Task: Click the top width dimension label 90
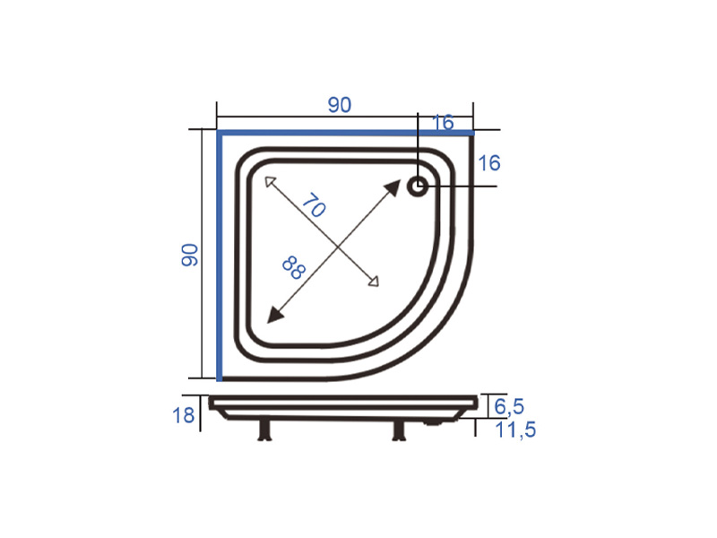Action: tap(340, 105)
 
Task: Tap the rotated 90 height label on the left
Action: tap(189, 255)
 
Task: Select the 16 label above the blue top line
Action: tap(443, 123)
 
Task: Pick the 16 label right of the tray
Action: tap(488, 163)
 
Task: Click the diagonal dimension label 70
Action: tap(314, 205)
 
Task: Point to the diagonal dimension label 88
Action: tap(294, 267)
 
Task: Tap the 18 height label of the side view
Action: tap(183, 415)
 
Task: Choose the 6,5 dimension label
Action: tap(509, 406)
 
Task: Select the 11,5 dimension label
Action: tap(515, 430)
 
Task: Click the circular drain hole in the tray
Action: tap(418, 187)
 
